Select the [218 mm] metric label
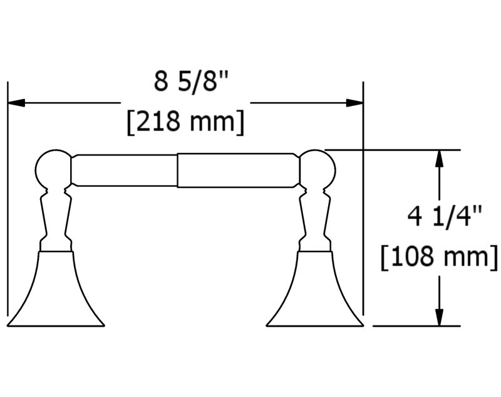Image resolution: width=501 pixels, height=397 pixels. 185,122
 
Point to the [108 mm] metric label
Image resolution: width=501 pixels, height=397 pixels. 439,257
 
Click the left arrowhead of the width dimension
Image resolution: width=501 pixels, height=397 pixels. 16,103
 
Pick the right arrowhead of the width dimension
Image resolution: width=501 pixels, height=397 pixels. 354,103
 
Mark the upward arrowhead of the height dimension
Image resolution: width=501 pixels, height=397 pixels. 440,159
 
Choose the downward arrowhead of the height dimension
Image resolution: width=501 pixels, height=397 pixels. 440,317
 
